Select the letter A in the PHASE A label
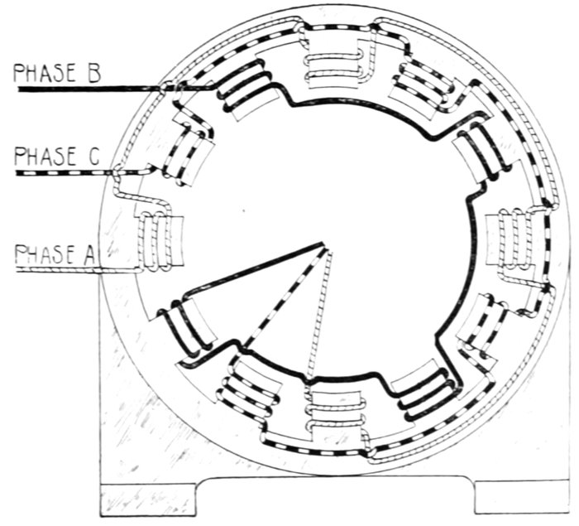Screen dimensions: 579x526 (89, 255)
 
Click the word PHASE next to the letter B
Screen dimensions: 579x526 (45, 73)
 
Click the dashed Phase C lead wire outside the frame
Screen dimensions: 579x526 (65, 173)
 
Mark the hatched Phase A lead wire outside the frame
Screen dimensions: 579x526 (58, 270)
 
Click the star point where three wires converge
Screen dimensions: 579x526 (325, 247)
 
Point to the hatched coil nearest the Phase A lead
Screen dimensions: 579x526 (157, 240)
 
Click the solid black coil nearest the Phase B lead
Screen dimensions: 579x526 (246, 88)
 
